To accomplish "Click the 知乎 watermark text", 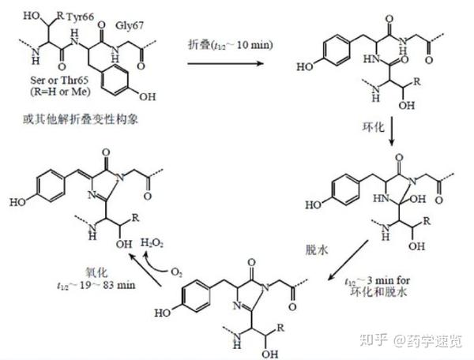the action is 374,341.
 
